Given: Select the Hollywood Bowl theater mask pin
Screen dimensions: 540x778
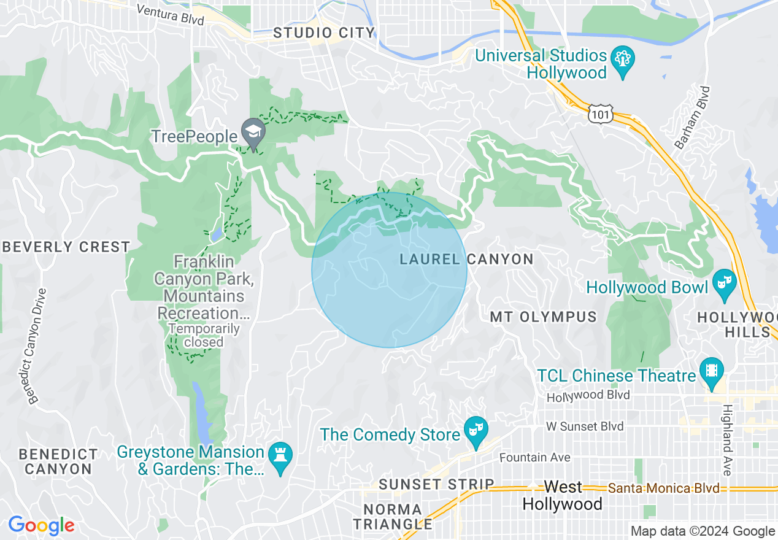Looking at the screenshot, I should coord(724,284).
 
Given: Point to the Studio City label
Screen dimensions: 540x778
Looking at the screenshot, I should coord(324,33).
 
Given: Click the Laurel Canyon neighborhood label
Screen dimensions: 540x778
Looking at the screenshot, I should coord(466,259).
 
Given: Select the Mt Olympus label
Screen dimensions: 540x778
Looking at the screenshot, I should coord(543,317).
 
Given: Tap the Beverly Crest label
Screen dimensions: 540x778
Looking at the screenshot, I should coord(66,247).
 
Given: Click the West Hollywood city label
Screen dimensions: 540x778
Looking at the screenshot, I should coord(562,496).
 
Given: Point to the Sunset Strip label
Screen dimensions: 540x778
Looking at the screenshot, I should coord(436,484).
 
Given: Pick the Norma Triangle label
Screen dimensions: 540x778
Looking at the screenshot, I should coord(393,517).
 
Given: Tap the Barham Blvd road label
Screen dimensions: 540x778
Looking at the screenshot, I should coord(692,118).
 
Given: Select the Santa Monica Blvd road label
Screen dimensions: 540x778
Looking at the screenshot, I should coord(663,488).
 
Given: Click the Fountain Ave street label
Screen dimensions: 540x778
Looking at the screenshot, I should coord(534,457).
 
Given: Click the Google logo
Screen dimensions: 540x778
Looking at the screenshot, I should coord(41,526).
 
